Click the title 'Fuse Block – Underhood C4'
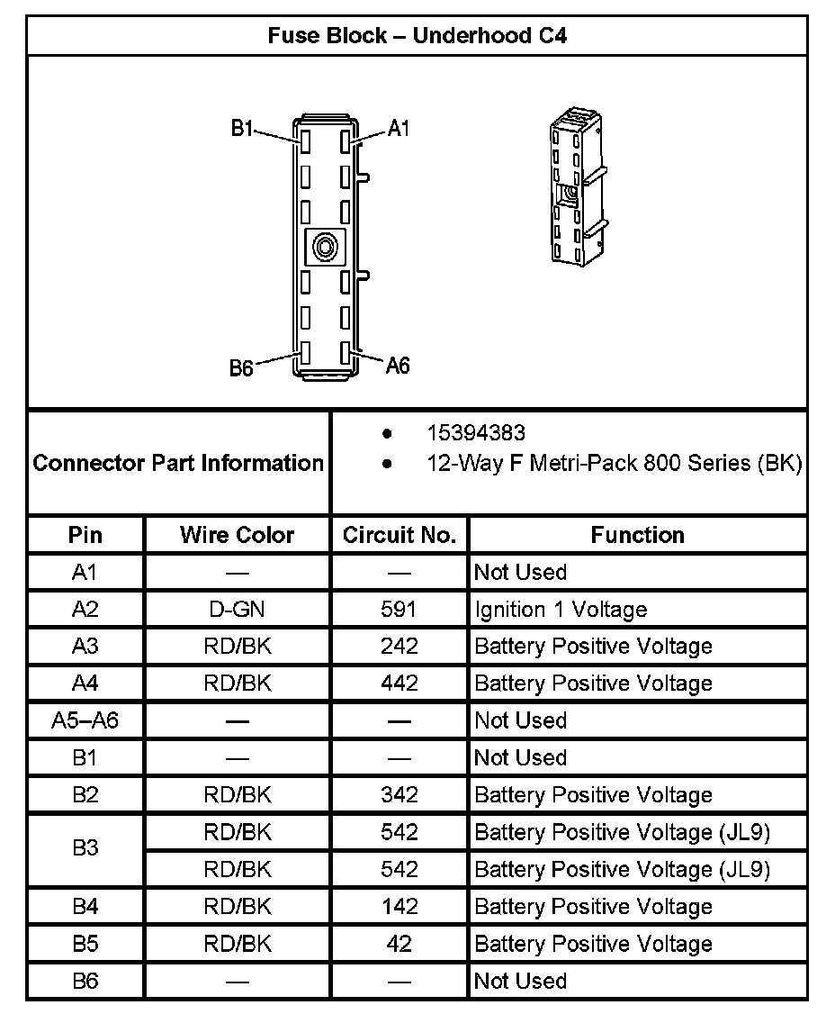tap(417, 36)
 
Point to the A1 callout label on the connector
tap(399, 129)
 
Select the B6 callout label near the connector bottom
tap(240, 368)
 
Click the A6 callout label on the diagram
tap(398, 365)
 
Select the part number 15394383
tap(475, 434)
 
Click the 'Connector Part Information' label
tap(178, 463)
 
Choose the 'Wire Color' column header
tap(237, 535)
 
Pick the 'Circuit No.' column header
tap(400, 535)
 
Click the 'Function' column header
tap(637, 535)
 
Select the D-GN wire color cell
tap(237, 610)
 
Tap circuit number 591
tap(399, 610)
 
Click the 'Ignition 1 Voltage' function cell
tap(561, 610)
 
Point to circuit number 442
tap(399, 684)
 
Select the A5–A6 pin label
tap(85, 720)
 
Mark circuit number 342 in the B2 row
tap(399, 795)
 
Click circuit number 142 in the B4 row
tap(399, 907)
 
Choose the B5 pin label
tap(85, 944)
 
